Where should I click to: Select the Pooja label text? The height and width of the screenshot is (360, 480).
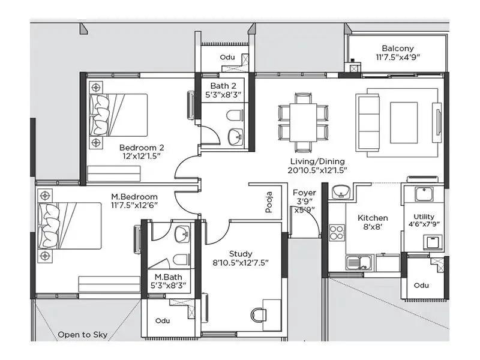point(269,202)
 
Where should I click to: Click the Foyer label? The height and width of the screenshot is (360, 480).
point(304,193)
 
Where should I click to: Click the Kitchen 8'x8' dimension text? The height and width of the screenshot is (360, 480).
point(372,227)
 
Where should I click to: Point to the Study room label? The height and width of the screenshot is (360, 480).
point(241,253)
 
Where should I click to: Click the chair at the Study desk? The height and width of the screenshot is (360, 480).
point(260,316)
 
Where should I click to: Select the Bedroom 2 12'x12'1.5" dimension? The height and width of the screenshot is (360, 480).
point(142,156)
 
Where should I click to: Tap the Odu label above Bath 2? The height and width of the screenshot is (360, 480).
point(227,57)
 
